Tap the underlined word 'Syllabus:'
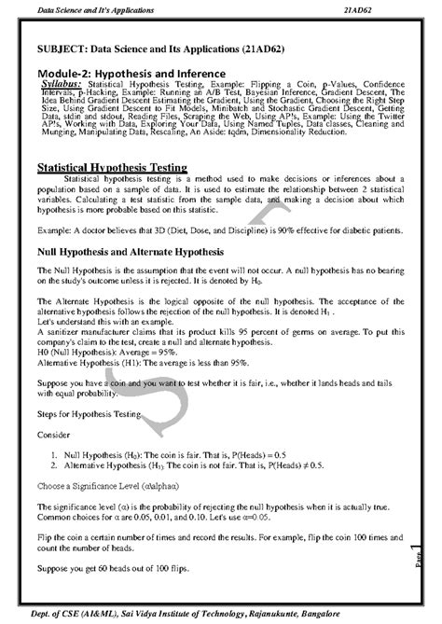tap(66, 82)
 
